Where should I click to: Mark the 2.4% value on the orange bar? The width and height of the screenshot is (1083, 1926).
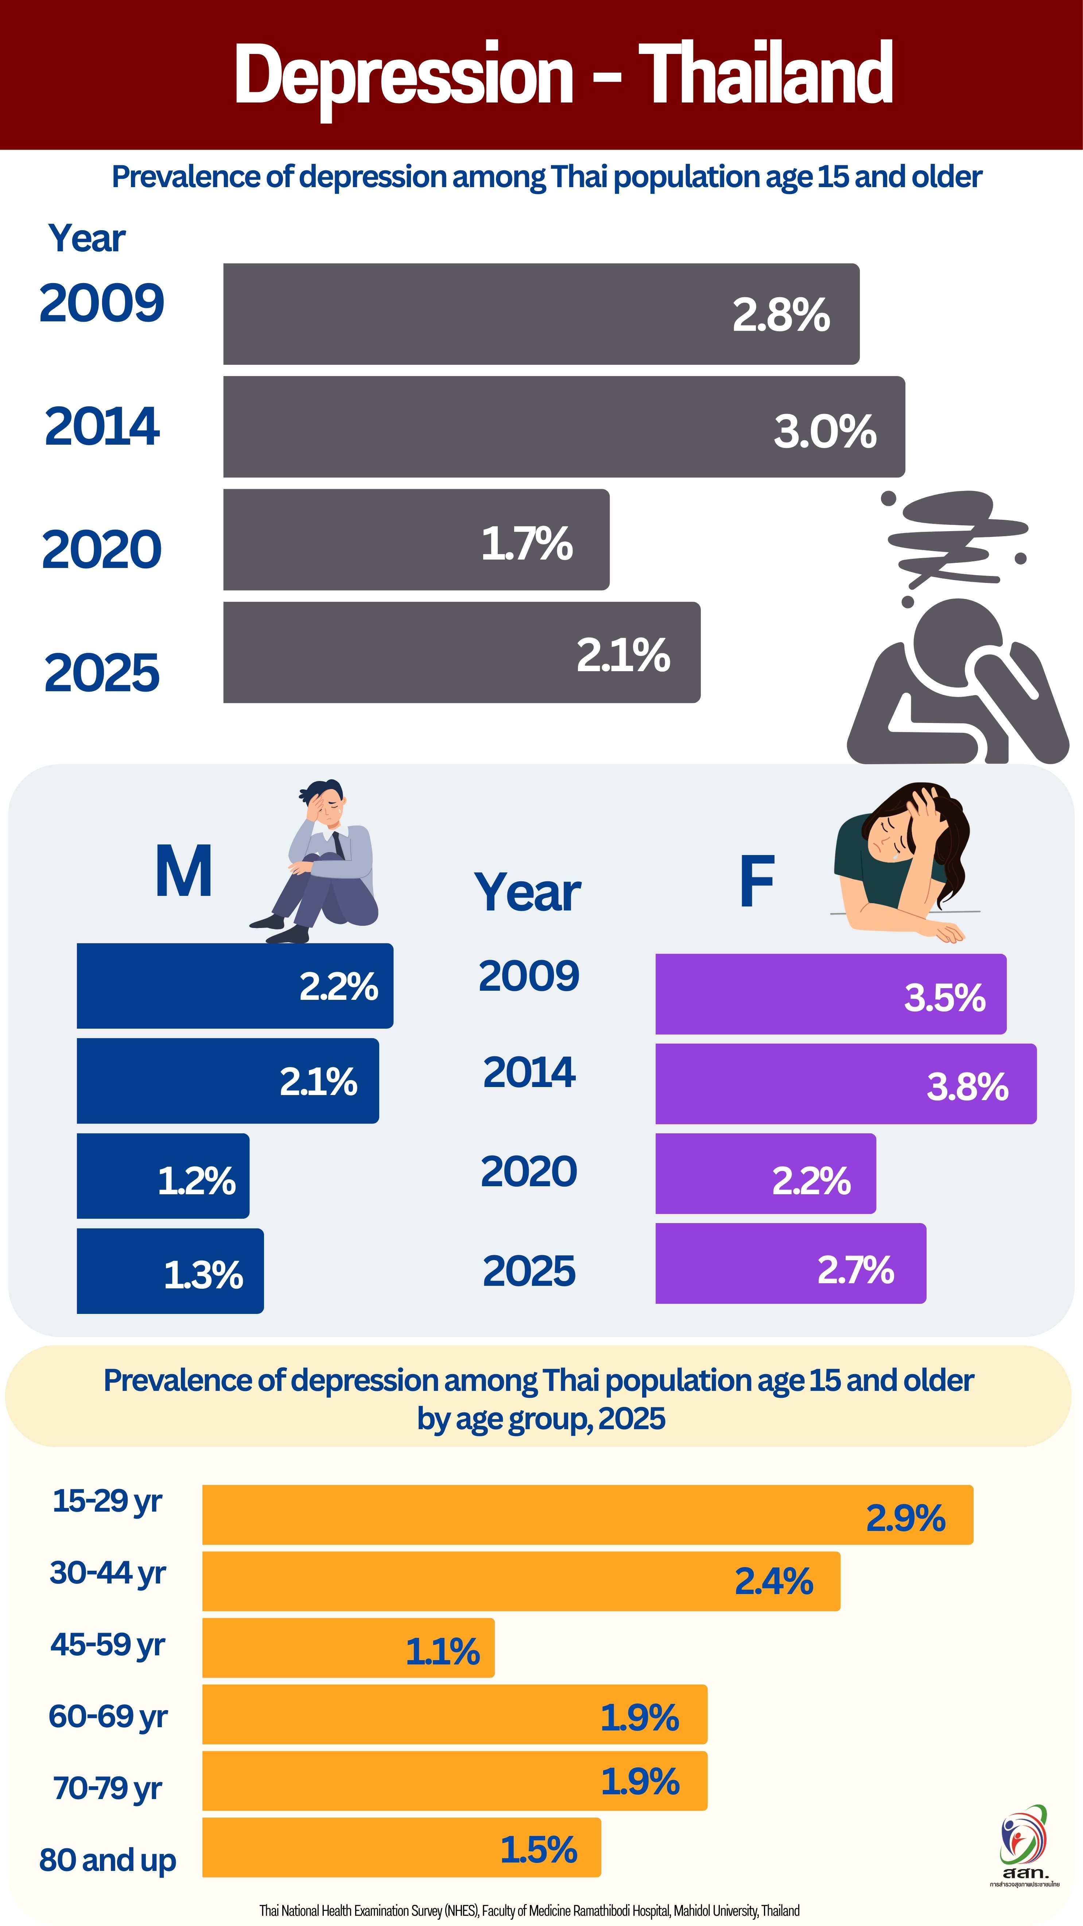pyautogui.click(x=773, y=1581)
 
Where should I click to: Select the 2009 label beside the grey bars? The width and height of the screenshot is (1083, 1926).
pyautogui.click(x=102, y=303)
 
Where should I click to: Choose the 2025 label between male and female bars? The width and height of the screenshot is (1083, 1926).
pyautogui.click(x=529, y=1271)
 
